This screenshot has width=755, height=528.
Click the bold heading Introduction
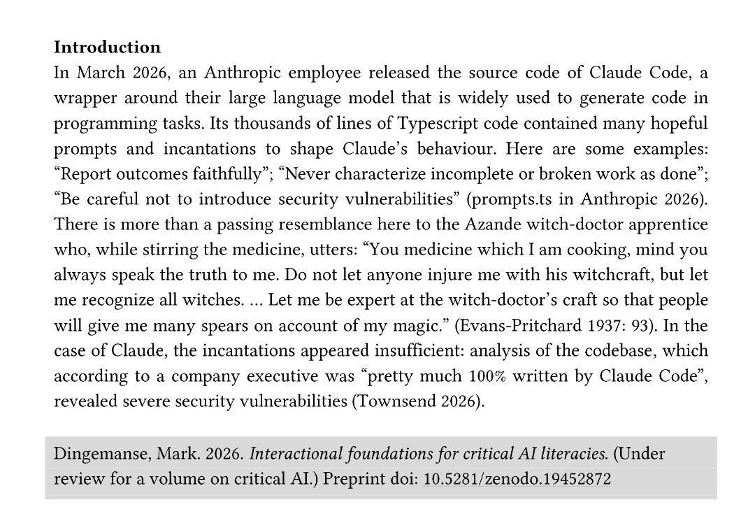point(107,48)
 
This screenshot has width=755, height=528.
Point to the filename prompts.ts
point(514,199)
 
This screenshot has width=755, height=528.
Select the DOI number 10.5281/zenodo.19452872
point(517,479)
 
